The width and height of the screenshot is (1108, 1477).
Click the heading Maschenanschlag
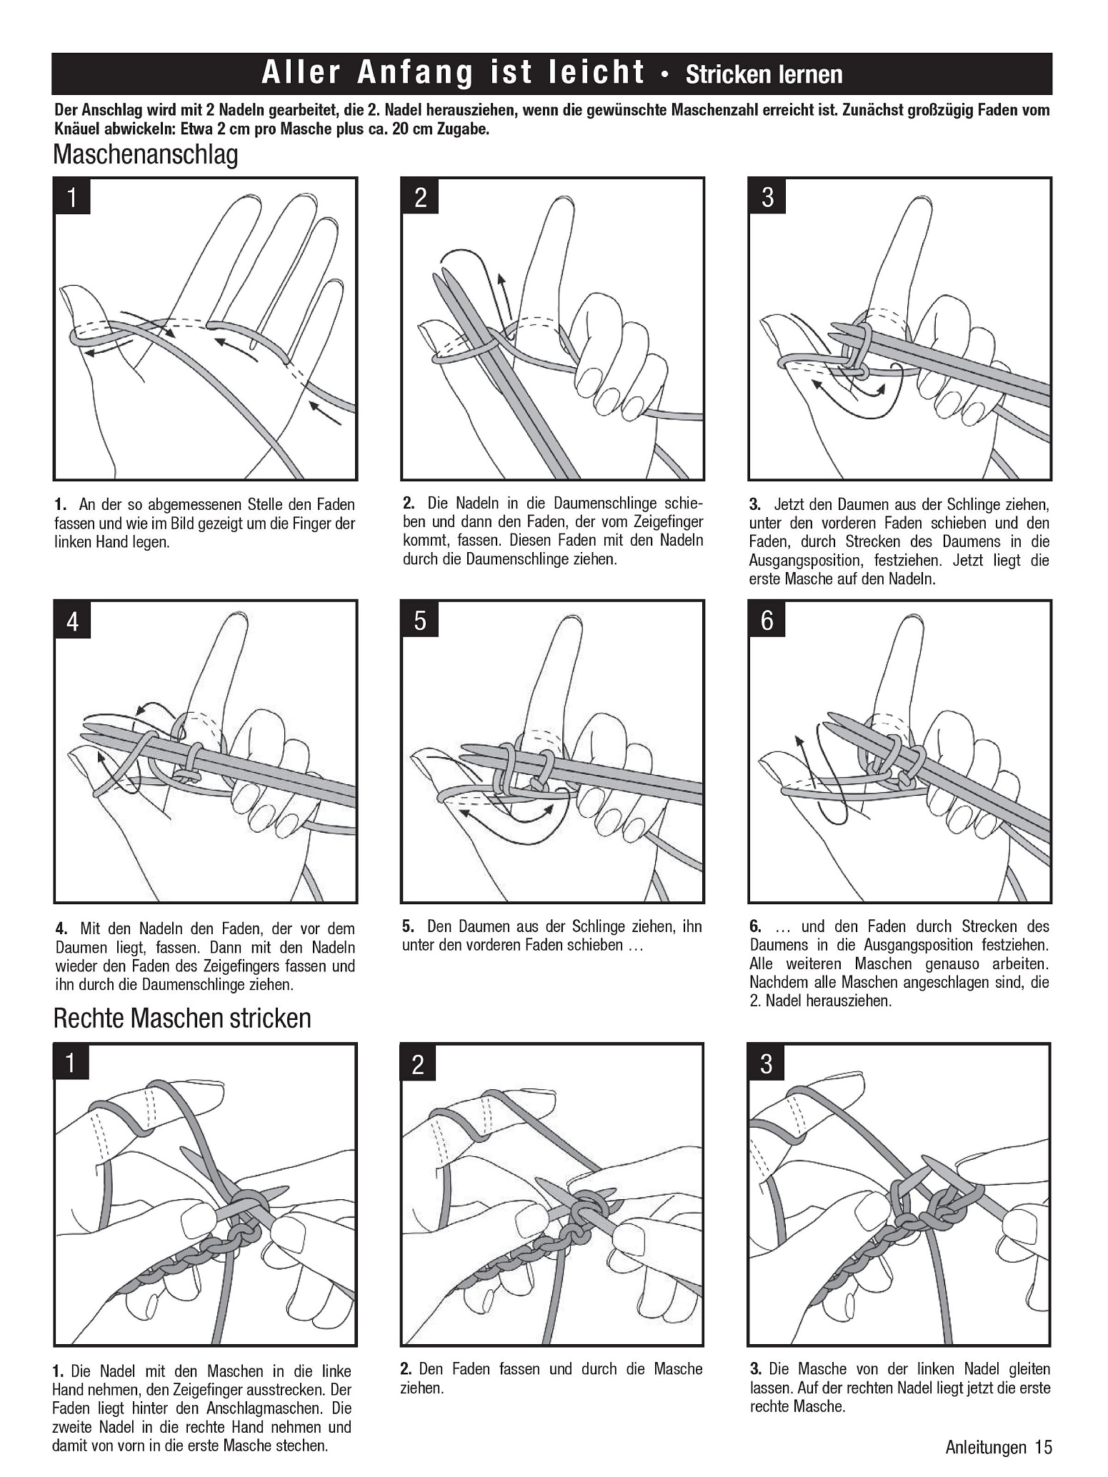145,154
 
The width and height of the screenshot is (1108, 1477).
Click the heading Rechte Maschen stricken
182,1018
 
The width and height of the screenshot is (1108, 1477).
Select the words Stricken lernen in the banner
764,74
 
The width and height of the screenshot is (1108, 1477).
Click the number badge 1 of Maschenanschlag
72,196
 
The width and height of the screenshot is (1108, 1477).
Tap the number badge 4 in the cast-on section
72,621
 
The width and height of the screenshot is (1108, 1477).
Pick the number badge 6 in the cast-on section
767,620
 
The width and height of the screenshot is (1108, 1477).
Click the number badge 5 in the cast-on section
420,620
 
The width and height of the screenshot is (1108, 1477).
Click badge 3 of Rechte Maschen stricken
767,1064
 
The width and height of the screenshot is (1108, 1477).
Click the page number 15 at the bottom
1043,1447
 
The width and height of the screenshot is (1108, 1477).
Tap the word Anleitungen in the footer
985,1447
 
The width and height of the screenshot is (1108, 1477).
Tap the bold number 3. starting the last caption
756,1369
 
